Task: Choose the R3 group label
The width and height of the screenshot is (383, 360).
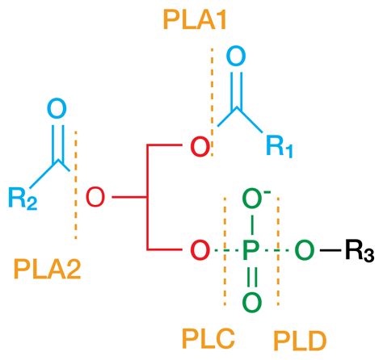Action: [x=356, y=251]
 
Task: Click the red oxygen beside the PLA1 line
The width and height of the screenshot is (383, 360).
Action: [x=197, y=147]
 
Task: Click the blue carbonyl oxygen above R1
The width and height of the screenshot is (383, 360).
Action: [x=235, y=57]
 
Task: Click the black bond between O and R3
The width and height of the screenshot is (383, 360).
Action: [x=327, y=250]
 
